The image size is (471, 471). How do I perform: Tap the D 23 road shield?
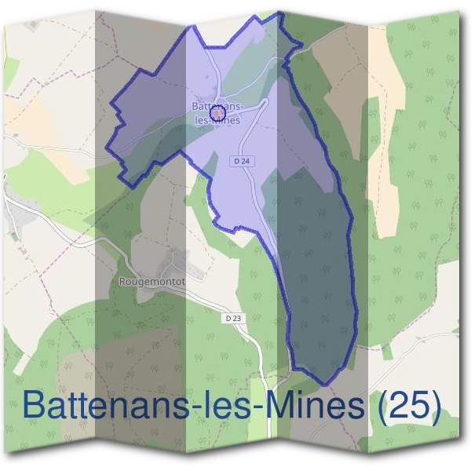[232, 318]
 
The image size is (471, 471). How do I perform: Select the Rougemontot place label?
[152, 280]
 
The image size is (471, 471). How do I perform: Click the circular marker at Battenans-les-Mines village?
[219, 115]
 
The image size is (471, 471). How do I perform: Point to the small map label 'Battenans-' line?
[218, 106]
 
